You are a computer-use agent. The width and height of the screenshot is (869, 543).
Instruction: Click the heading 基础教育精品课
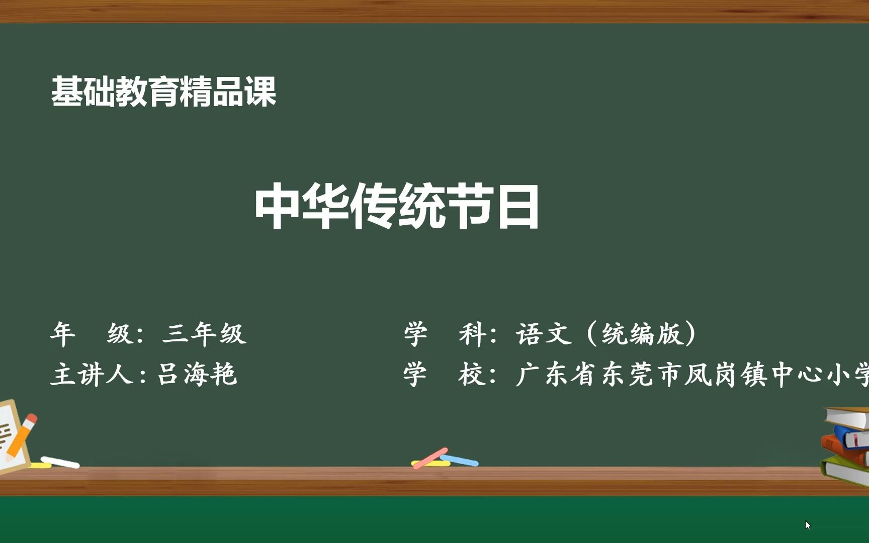coord(163,92)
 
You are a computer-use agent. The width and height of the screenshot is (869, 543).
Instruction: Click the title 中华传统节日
coord(397,207)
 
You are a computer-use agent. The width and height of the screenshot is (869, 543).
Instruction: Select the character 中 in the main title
coord(277,207)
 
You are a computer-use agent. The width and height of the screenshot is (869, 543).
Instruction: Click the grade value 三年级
coord(204,334)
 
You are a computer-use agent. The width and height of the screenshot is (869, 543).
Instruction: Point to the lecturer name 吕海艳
coord(197,374)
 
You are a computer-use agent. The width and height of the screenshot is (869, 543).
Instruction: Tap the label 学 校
coord(443,374)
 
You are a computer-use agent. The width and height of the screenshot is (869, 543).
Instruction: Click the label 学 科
coord(443,334)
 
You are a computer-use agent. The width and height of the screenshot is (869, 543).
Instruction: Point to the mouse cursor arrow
coord(808,525)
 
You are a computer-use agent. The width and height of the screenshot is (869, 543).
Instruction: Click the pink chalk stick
coord(430,458)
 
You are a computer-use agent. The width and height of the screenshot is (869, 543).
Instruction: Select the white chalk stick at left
coord(60,462)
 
